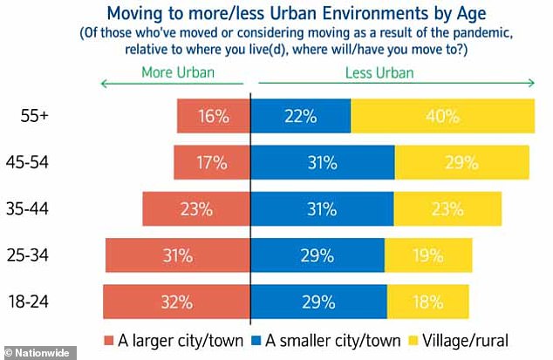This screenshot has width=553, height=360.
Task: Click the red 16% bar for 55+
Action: point(213,116)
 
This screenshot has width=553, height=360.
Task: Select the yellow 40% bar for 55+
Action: point(442,116)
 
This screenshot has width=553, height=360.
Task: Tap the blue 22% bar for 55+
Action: point(301,116)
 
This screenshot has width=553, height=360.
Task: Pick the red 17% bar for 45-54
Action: point(212,162)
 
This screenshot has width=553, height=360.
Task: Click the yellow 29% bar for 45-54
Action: point(461,162)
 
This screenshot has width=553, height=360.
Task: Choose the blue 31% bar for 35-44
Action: point(322,209)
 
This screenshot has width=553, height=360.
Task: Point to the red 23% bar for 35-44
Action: point(197,209)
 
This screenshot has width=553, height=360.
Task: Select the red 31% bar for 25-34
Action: point(178,255)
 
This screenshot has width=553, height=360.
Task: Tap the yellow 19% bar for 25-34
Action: point(427,255)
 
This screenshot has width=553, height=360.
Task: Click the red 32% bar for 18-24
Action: point(176,302)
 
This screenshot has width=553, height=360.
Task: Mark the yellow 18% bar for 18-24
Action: point(427,302)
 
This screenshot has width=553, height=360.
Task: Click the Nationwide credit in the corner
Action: point(32,353)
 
